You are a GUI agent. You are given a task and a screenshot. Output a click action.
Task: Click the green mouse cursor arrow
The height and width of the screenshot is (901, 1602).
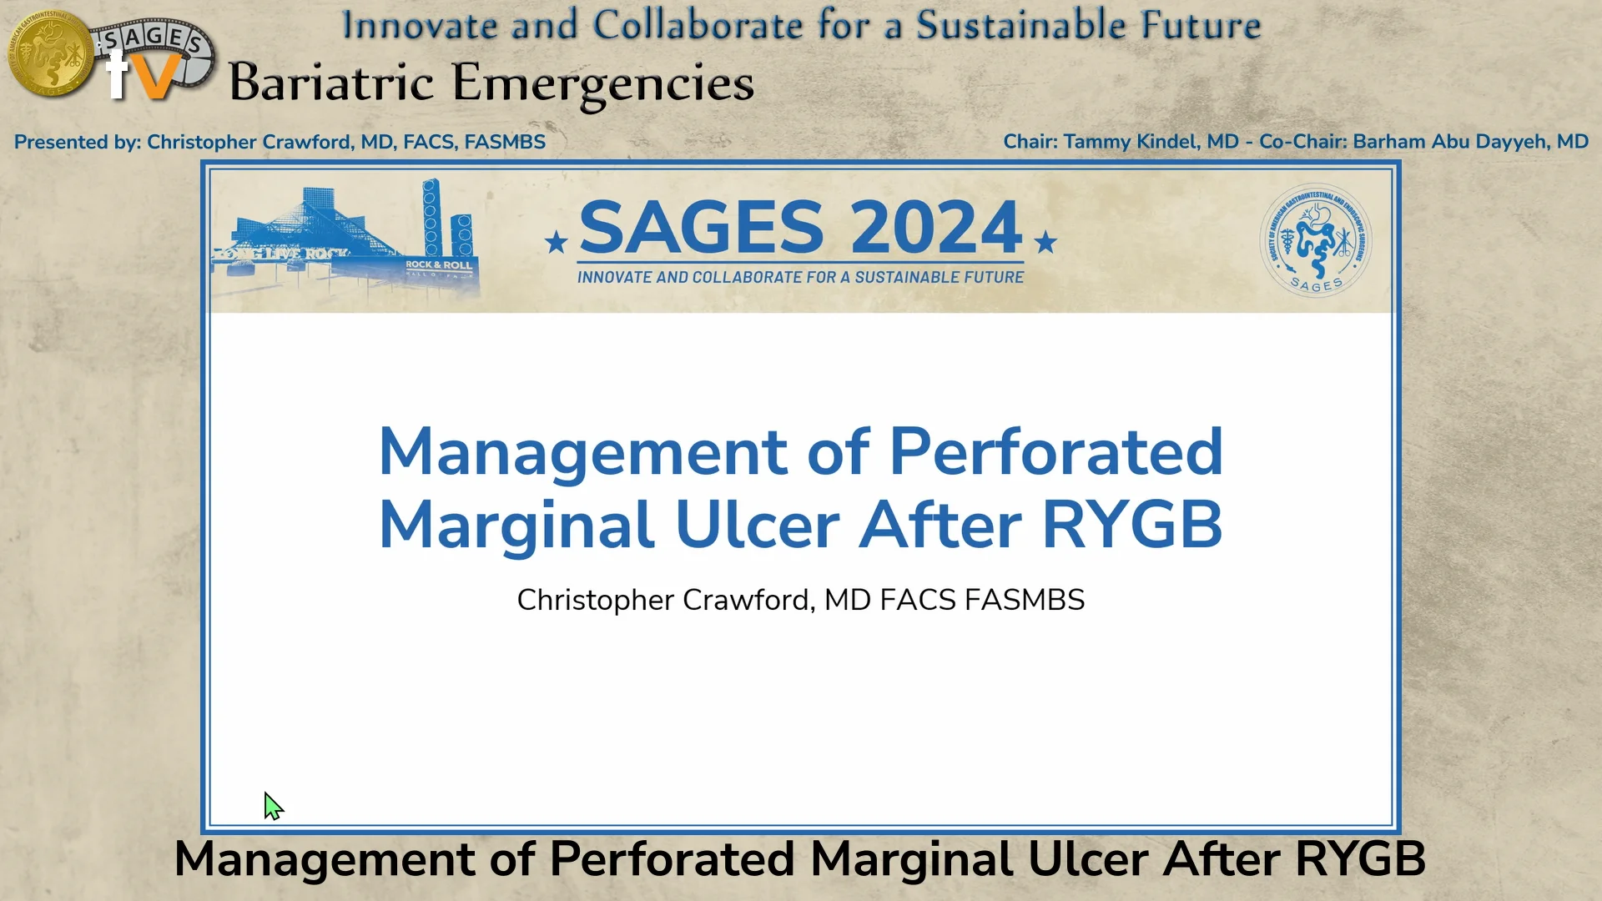[273, 806]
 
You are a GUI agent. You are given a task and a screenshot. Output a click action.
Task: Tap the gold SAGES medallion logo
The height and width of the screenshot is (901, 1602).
[50, 53]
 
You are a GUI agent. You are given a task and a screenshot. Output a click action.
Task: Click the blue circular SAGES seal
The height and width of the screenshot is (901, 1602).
[1316, 239]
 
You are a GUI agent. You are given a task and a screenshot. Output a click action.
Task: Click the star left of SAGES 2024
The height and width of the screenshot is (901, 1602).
[557, 243]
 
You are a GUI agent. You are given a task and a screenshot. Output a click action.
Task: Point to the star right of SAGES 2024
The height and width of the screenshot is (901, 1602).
[1045, 243]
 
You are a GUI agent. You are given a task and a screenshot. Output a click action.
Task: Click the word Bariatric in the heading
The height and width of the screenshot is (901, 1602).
[331, 83]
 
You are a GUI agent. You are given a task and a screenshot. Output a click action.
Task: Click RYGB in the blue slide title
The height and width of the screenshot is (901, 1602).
[1132, 525]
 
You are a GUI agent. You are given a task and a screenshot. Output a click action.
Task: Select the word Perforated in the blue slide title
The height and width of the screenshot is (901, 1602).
[1055, 451]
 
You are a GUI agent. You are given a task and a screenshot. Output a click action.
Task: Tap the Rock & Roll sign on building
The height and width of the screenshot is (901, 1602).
[439, 265]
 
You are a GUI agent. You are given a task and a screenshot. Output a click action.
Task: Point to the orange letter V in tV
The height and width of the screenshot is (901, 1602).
[157, 78]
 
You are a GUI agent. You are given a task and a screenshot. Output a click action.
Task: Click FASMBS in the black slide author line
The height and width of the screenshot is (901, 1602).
[1024, 600]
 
